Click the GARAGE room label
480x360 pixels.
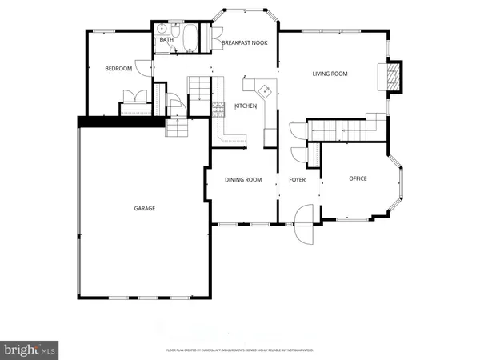click(144, 208)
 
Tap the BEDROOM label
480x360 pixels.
click(118, 69)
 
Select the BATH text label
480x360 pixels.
click(166, 39)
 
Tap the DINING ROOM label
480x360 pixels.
click(243, 180)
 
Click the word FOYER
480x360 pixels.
click(298, 180)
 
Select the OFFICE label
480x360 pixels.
click(358, 178)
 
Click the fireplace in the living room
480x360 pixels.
click(392, 77)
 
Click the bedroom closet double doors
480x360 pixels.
click(132, 97)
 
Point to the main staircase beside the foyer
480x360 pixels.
click(340, 128)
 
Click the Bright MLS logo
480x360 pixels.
click(30, 348)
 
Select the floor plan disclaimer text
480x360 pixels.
click(239, 350)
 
